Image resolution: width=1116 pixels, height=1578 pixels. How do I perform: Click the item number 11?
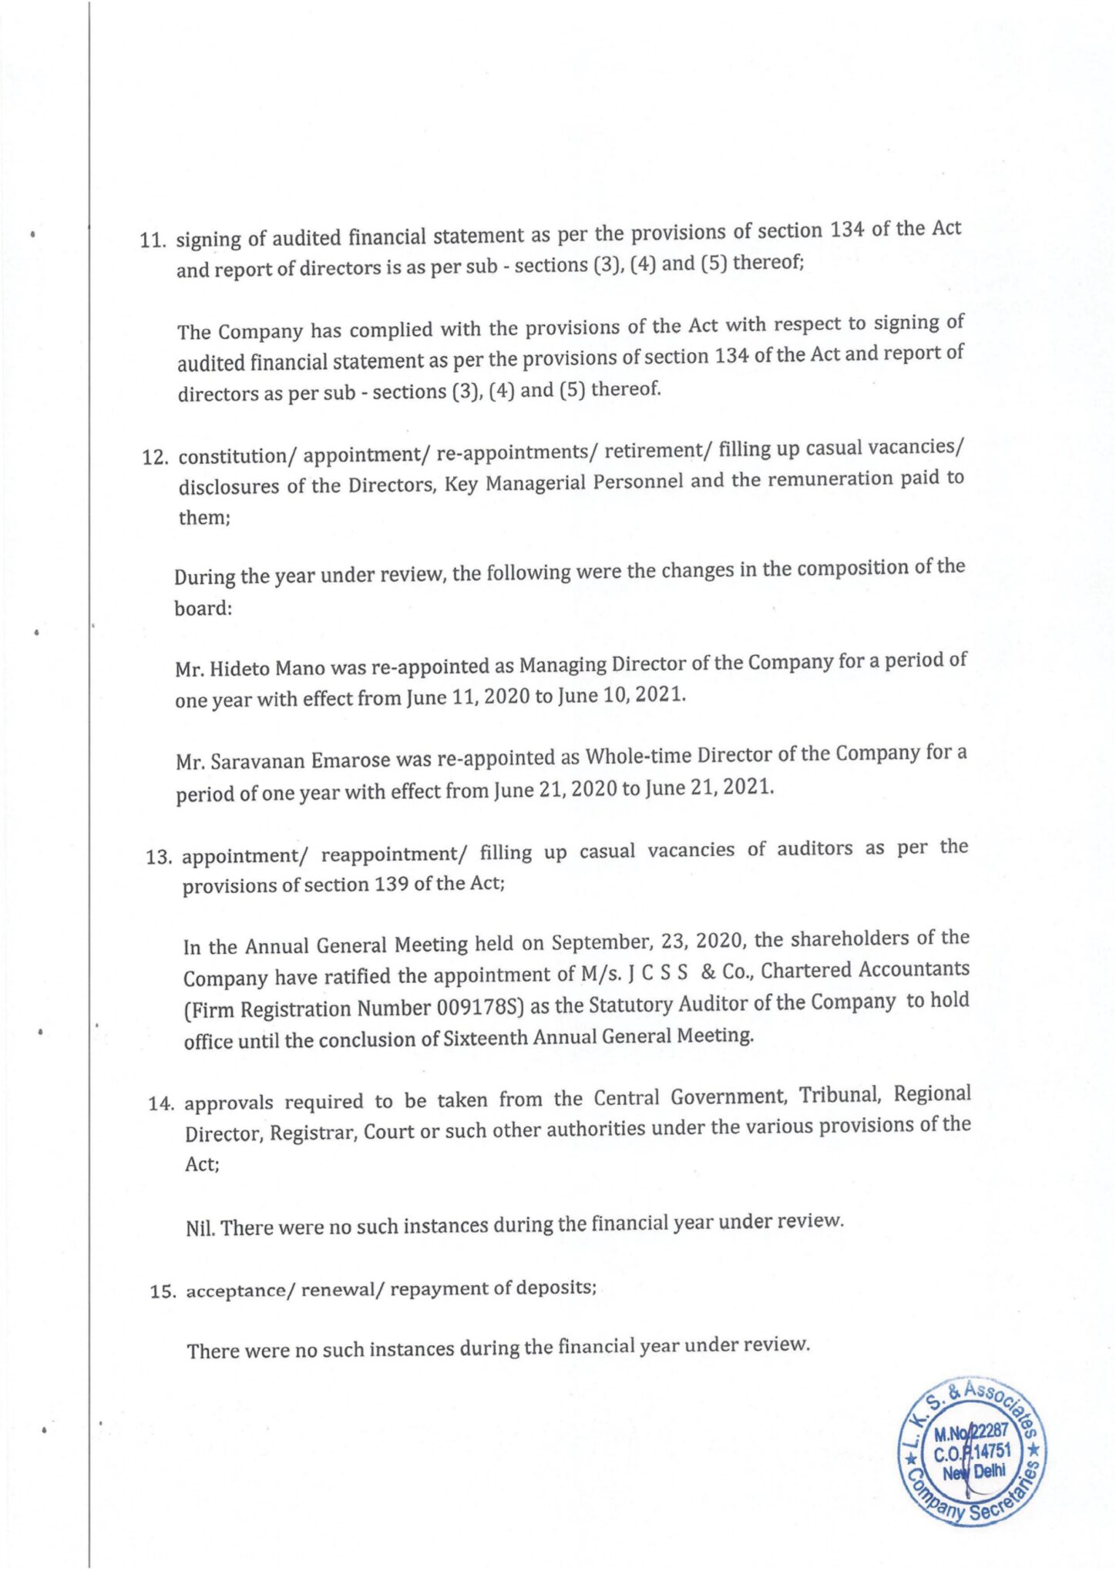pyautogui.click(x=152, y=240)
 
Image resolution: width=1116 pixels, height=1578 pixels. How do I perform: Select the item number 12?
pyautogui.click(x=155, y=457)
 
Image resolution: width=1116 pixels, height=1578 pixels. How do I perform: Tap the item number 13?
pyautogui.click(x=158, y=857)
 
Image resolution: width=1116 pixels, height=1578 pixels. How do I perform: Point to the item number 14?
pyautogui.click(x=161, y=1103)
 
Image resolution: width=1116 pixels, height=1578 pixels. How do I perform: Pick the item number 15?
pyautogui.click(x=163, y=1291)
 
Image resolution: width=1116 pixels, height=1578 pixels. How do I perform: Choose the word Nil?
pyautogui.click(x=200, y=1227)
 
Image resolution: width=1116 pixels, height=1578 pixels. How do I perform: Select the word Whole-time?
pyautogui.click(x=637, y=756)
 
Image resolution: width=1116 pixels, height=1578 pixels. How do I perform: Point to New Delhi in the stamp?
pyautogui.click(x=974, y=1471)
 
